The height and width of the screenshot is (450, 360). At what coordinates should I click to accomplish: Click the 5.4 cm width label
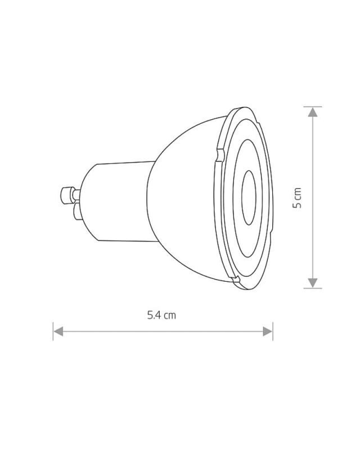[161, 316]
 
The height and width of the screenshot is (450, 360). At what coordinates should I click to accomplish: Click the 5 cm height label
[298, 198]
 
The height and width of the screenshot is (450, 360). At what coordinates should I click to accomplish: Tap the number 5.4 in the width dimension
[155, 316]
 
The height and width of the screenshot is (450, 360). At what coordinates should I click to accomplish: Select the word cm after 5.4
[170, 316]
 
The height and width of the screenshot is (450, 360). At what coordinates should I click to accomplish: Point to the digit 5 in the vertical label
[298, 205]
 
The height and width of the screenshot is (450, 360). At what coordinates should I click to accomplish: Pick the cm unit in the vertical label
[298, 193]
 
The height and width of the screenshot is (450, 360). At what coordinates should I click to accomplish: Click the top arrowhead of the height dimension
[313, 112]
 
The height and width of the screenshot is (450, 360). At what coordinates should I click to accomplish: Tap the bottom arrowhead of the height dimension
[313, 282]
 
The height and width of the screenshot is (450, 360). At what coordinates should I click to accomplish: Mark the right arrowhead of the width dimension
[267, 331]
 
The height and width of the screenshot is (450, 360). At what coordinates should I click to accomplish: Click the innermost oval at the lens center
[248, 197]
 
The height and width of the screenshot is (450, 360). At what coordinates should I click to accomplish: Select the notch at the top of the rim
[217, 154]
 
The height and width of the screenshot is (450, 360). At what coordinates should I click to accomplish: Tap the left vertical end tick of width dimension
[53, 331]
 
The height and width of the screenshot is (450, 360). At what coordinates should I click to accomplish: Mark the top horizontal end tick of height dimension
[313, 106]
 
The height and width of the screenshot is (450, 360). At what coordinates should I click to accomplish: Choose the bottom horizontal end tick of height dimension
[313, 288]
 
